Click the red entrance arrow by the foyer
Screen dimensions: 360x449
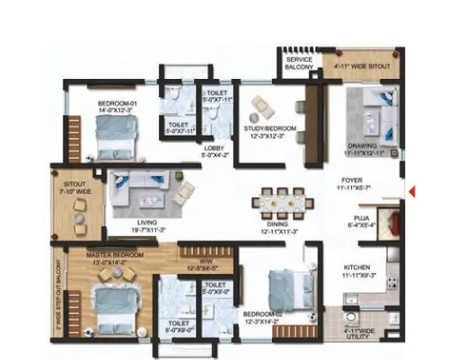pyautogui.click(x=410, y=190)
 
